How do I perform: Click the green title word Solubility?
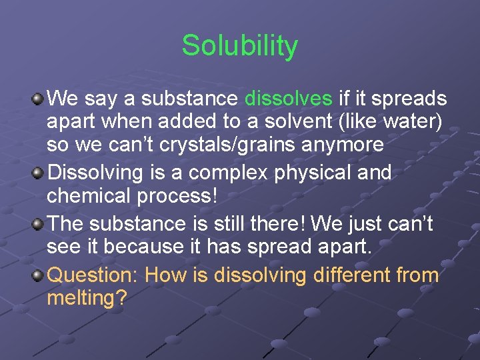pos(239,46)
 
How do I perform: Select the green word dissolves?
pos(289,99)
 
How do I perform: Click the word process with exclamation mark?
pos(178,196)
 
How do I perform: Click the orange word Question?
pos(93,275)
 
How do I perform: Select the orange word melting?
pos(87,298)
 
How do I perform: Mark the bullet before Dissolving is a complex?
pos(38,173)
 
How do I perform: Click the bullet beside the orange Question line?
pos(38,275)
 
